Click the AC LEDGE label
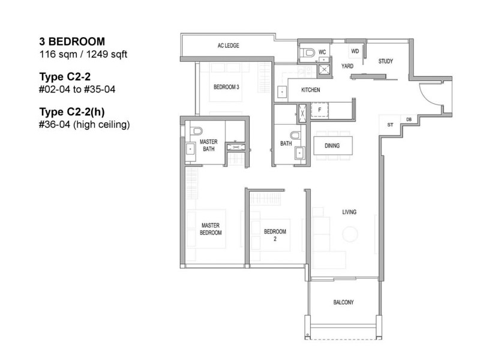pyautogui.click(x=229, y=46)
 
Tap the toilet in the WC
pyautogui.click(x=307, y=53)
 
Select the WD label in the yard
pyautogui.click(x=355, y=51)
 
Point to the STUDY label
pyautogui.click(x=385, y=61)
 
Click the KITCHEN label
pyautogui.click(x=310, y=90)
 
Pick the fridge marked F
pyautogui.click(x=320, y=110)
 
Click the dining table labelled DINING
pyautogui.click(x=333, y=145)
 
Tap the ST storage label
pyautogui.click(x=390, y=125)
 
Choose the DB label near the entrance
pyautogui.click(x=409, y=119)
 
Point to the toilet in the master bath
pyautogui.click(x=196, y=131)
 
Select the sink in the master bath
pyautogui.click(x=190, y=149)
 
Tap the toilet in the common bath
pyautogui.click(x=295, y=135)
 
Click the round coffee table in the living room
pyautogui.click(x=350, y=234)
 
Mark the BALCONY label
pyautogui.click(x=343, y=302)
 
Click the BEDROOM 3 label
pyautogui.click(x=226, y=87)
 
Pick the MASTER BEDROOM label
pyautogui.click(x=211, y=229)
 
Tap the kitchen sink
pyautogui.click(x=282, y=92)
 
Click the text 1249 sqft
pyautogui.click(x=107, y=55)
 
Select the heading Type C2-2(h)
pyautogui.click(x=72, y=112)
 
